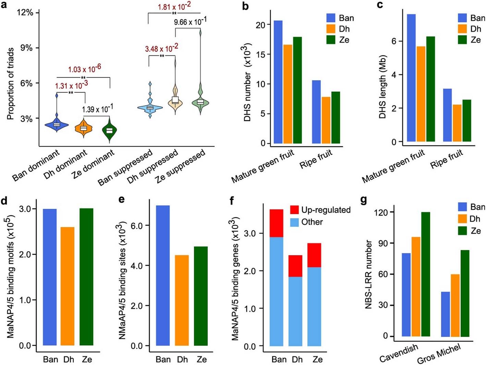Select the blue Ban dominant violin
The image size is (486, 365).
[x=57, y=125]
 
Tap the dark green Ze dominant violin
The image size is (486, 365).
[x=109, y=130]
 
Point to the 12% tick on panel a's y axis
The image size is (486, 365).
[x=25, y=13]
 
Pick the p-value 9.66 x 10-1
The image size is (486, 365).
[x=190, y=22]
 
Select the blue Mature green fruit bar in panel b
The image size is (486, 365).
[x=278, y=82]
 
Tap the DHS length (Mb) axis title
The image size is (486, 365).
[x=382, y=87]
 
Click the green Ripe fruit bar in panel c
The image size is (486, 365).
[x=466, y=120]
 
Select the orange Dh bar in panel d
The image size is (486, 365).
[x=67, y=286]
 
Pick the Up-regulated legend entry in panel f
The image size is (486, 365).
[x=320, y=210]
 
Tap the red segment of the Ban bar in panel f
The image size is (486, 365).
[x=277, y=223]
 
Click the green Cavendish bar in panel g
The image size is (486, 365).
[x=425, y=274]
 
